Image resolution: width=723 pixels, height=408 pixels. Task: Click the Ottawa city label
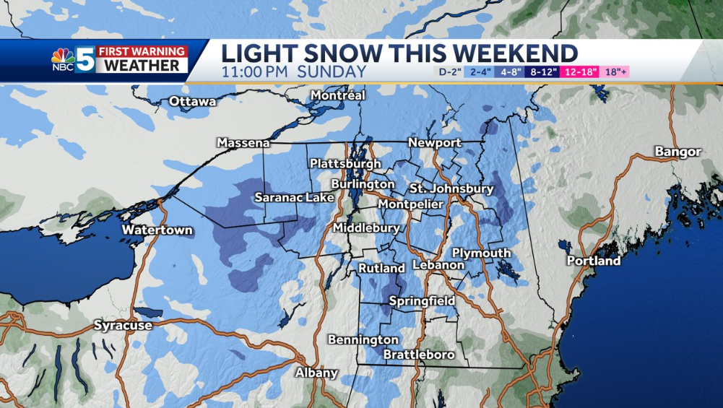192,102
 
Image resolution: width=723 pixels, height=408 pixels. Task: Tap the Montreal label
338,95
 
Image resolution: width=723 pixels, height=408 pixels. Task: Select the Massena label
243,143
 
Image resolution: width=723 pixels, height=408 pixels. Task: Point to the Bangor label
677,152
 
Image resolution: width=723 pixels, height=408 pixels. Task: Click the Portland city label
593,261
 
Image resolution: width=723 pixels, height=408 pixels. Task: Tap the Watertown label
157,230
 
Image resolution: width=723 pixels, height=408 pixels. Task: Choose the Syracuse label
123,326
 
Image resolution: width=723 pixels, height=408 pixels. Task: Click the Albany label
316,373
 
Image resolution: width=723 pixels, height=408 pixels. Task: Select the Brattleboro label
419,355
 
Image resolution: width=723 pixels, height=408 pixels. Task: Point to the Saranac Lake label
294,197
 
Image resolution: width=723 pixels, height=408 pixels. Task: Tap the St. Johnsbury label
451,189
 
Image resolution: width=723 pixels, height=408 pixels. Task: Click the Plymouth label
481,253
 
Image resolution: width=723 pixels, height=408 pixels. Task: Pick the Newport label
435,143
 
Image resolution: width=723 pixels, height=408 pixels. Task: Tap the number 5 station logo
85,59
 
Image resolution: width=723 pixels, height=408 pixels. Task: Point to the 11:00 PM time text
255,72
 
